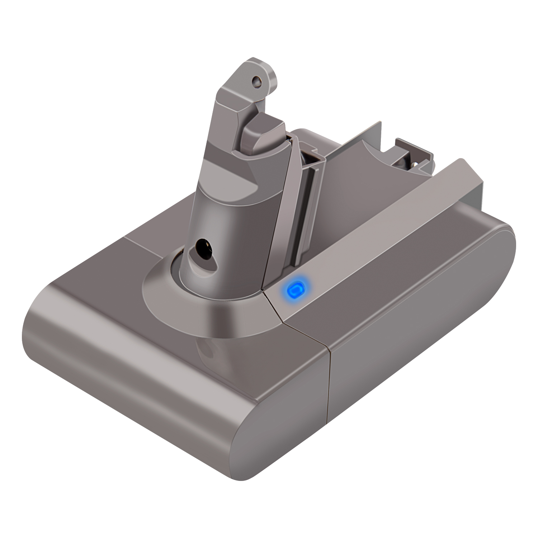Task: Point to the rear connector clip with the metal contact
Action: pyautogui.click(x=412, y=158)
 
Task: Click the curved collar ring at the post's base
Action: pyautogui.click(x=201, y=298)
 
